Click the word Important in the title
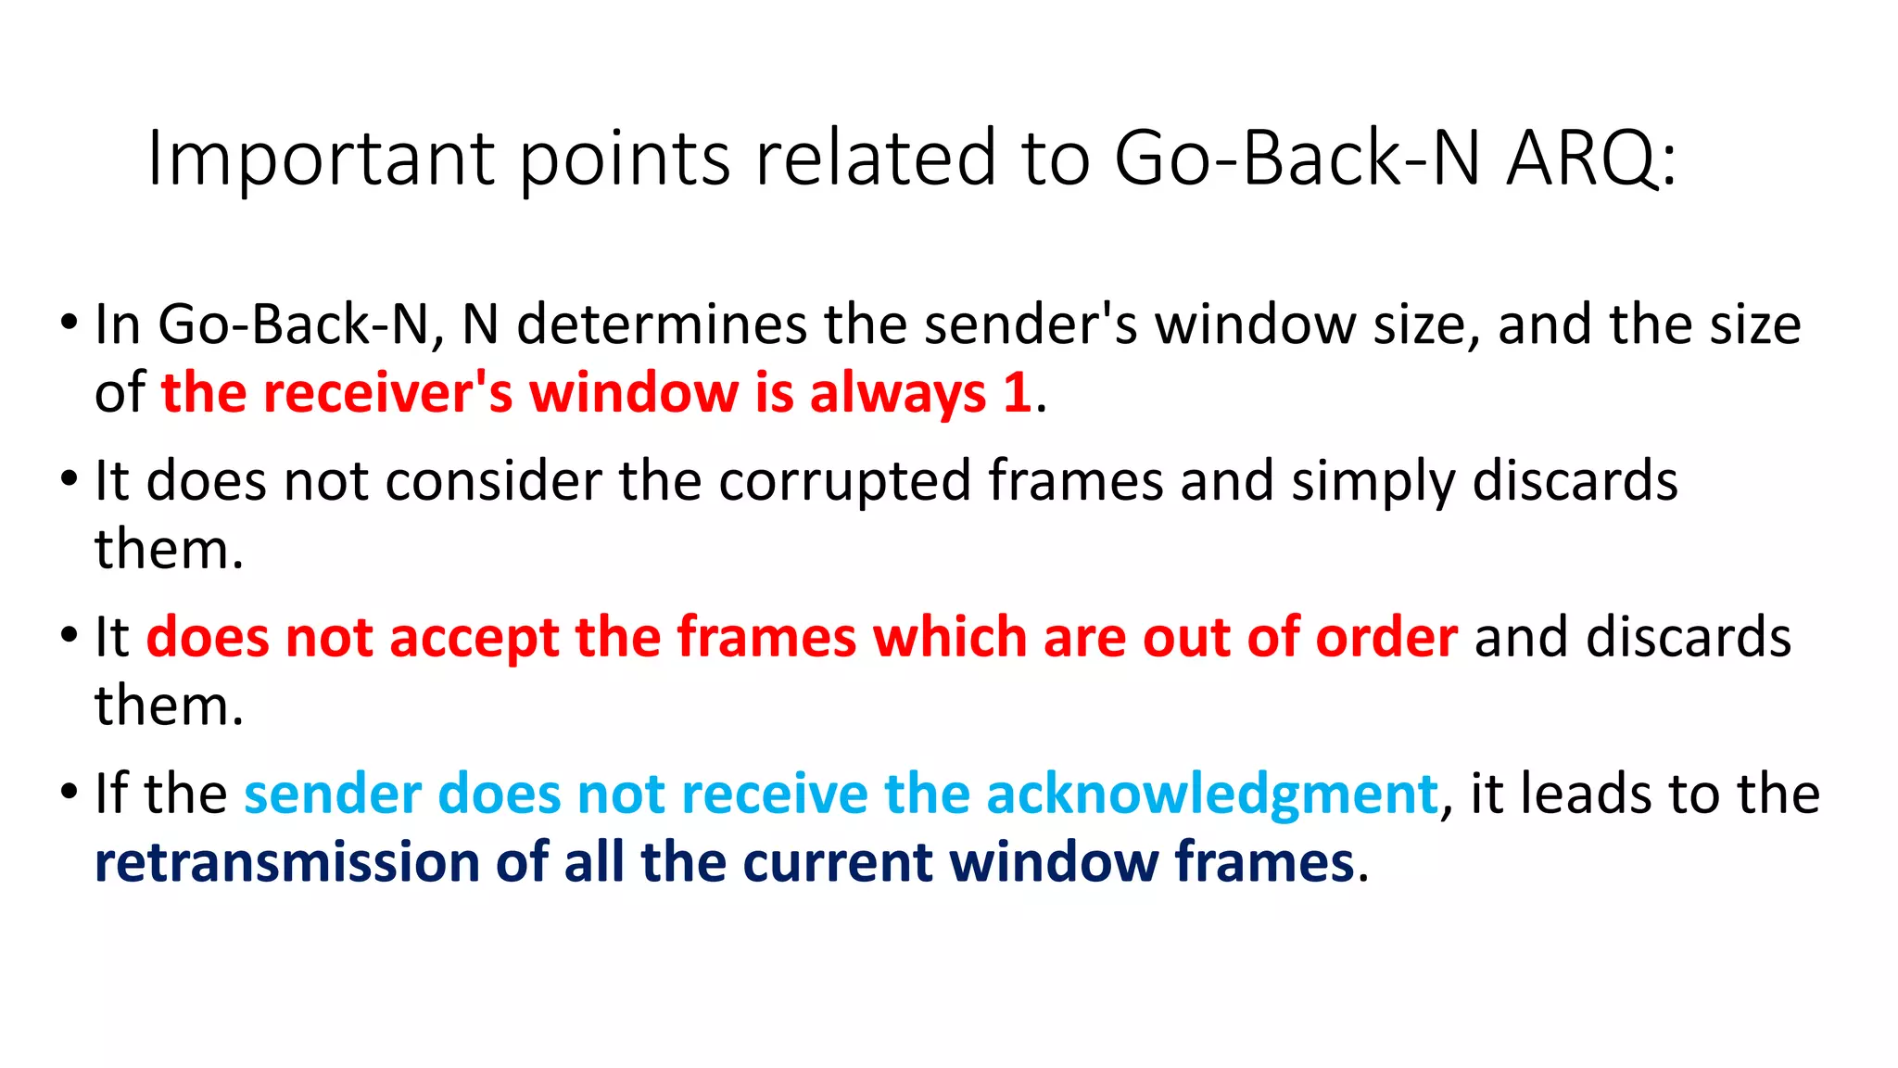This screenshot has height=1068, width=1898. point(321,159)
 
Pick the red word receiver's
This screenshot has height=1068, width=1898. point(387,392)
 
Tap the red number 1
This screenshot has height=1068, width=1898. point(1018,392)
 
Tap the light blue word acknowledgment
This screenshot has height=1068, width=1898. point(1212,795)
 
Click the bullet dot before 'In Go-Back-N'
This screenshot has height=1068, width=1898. point(69,324)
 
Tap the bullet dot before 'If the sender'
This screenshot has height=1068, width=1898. point(69,794)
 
